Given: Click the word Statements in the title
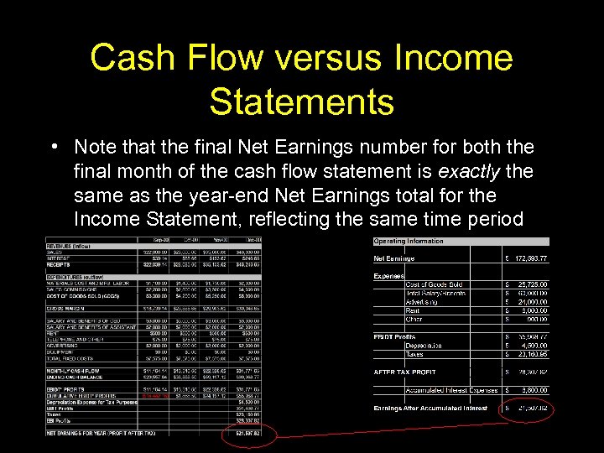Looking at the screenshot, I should pyautogui.click(x=301, y=102).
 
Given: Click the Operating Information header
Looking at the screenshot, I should pyautogui.click(x=408, y=242).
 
